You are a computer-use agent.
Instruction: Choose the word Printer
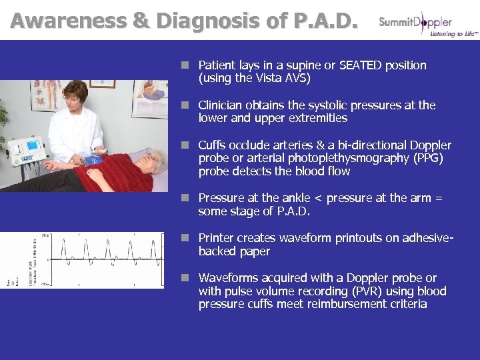(x=217, y=238)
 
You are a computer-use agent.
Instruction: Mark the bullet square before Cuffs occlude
(x=189, y=145)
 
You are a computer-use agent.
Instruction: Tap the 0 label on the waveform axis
(x=47, y=260)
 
